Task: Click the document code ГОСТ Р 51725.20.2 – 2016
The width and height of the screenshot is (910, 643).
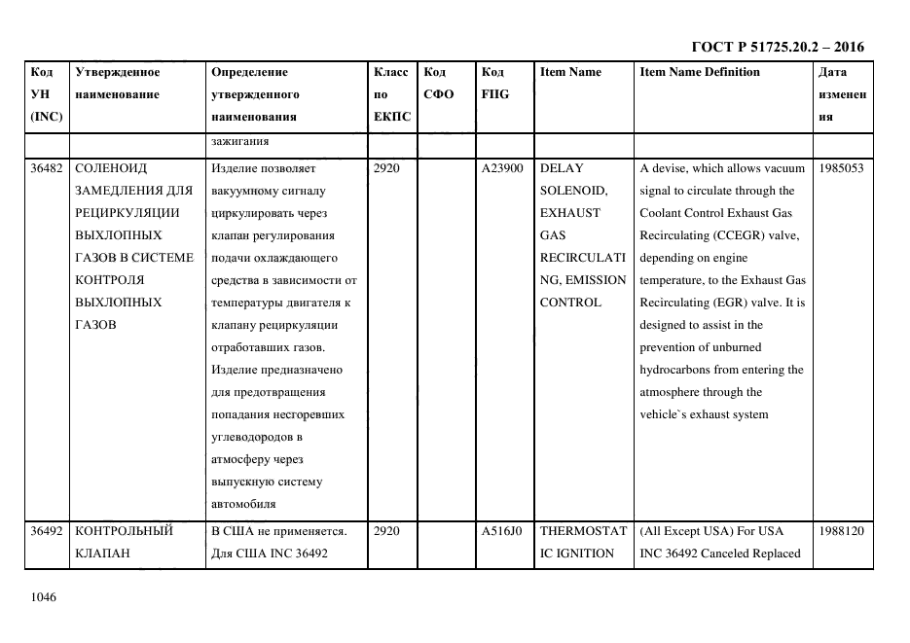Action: [777, 47]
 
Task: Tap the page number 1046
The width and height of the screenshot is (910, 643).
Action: [45, 596]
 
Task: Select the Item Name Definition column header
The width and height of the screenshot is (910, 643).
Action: [700, 72]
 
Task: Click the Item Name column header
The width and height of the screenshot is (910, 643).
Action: [570, 72]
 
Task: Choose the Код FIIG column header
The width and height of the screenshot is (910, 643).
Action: [494, 83]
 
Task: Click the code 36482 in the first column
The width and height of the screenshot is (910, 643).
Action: [47, 168]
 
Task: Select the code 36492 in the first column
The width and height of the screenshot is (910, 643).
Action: [47, 531]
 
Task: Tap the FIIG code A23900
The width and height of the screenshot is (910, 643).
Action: [502, 168]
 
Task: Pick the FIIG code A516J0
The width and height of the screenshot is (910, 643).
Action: [502, 531]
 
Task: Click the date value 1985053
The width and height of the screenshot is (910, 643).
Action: [841, 168]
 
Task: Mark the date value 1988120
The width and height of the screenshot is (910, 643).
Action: [841, 531]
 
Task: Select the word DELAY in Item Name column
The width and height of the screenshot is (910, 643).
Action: [562, 168]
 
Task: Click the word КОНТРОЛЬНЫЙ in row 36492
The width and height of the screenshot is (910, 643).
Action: [124, 531]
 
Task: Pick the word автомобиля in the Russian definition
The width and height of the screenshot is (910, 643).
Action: [243, 504]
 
